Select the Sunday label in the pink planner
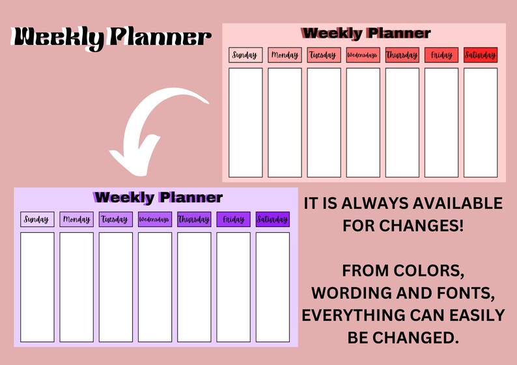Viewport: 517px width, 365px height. pyautogui.click(x=245, y=55)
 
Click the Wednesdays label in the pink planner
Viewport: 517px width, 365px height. pyautogui.click(x=363, y=55)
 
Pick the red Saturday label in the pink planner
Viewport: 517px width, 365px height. pyautogui.click(x=481, y=55)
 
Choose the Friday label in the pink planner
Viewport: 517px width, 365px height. pyautogui.click(x=441, y=55)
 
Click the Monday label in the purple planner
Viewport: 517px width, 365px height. pyautogui.click(x=77, y=219)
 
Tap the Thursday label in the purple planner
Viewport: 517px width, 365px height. pyautogui.click(x=194, y=219)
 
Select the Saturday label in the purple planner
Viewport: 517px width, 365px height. pyautogui.click(x=272, y=219)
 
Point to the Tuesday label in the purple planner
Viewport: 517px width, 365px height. pyautogui.click(x=116, y=219)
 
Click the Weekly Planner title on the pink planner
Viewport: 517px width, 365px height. pyautogui.click(x=366, y=33)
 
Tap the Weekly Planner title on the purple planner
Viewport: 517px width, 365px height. pyautogui.click(x=158, y=197)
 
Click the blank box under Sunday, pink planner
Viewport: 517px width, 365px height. pyautogui.click(x=245, y=122)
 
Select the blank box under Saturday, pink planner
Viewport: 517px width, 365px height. pyautogui.click(x=481, y=122)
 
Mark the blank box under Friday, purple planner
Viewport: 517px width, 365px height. pyautogui.click(x=233, y=287)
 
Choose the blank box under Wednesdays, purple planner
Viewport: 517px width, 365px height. pyautogui.click(x=155, y=287)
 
